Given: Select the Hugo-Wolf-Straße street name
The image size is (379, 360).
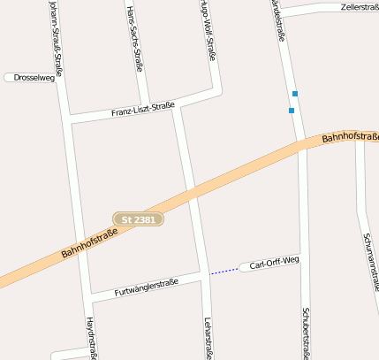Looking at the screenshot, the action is coord(208,30).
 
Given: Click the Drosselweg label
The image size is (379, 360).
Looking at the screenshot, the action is coord(34,78).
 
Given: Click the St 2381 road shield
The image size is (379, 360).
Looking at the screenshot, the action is coord(139,218).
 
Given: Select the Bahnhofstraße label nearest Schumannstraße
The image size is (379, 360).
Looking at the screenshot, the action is coord(349,137).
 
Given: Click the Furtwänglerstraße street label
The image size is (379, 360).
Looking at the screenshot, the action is coord(147,287).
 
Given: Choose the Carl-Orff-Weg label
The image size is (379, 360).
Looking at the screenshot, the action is coord(274,264).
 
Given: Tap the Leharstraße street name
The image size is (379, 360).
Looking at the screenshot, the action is coord(208,337).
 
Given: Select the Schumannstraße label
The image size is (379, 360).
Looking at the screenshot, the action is coord(370,262).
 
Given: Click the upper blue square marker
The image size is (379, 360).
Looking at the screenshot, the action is coord(295,94).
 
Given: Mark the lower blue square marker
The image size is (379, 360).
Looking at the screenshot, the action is coord(291,111).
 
